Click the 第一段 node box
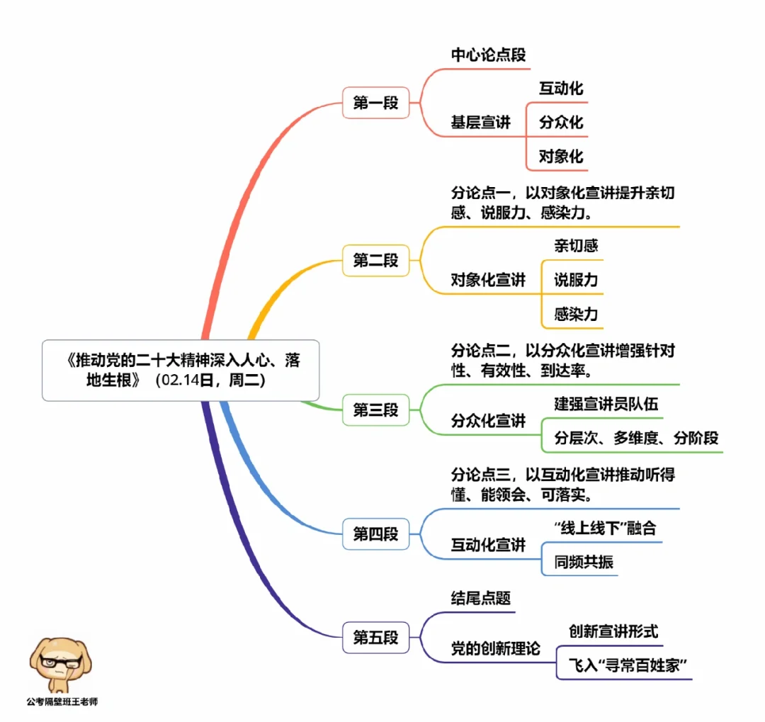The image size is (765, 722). click(x=375, y=103)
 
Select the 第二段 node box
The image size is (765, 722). click(x=375, y=261)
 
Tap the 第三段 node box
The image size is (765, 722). click(x=375, y=410)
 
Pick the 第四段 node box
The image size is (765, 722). click(x=375, y=534)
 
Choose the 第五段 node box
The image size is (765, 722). click(x=375, y=638)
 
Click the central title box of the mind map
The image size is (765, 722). click(x=181, y=370)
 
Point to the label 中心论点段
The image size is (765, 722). click(x=489, y=55)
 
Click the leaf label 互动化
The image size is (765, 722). click(x=561, y=89)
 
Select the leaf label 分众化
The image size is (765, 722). click(x=561, y=122)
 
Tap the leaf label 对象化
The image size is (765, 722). click(x=561, y=156)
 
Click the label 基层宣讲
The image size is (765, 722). click(x=480, y=123)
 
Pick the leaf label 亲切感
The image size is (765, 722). click(x=576, y=246)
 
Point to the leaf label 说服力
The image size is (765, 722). click(x=576, y=280)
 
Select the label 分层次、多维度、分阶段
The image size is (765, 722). click(x=636, y=438)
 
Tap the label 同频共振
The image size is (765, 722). click(x=584, y=563)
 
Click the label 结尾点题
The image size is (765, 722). click(x=481, y=598)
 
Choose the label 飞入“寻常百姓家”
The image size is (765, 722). click(x=629, y=665)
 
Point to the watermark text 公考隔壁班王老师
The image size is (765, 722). click(x=62, y=702)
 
